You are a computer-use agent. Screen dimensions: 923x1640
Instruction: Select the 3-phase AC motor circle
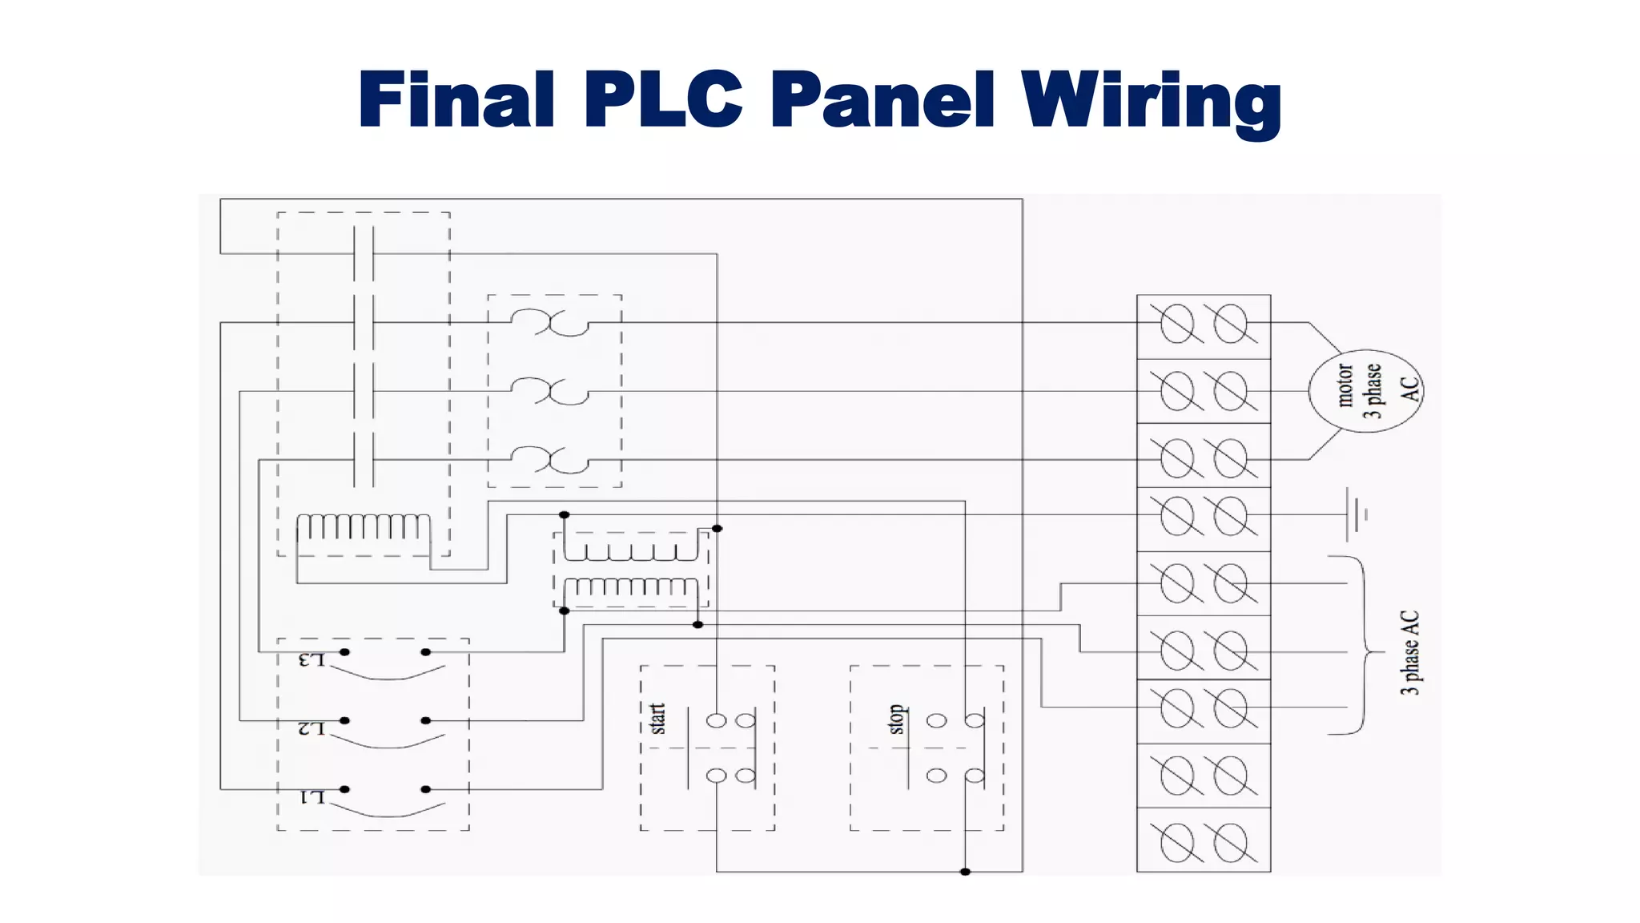(x=1365, y=391)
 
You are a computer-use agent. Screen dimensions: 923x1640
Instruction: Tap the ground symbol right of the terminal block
(x=1355, y=514)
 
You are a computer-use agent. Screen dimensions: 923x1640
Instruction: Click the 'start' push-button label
(x=657, y=719)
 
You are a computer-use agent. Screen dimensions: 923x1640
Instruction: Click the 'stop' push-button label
(x=897, y=719)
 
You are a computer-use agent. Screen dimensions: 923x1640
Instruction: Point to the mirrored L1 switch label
(x=312, y=797)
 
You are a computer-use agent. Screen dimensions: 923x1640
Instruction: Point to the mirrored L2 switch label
(x=312, y=728)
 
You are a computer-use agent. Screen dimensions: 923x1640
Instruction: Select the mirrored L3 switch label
(x=312, y=660)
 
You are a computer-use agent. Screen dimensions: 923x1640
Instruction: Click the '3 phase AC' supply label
(x=1410, y=652)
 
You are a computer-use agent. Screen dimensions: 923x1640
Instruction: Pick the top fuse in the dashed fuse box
(x=550, y=323)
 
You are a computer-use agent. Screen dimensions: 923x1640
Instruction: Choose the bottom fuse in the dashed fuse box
(x=550, y=461)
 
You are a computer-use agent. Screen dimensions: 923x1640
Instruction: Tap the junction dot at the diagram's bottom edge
(x=965, y=872)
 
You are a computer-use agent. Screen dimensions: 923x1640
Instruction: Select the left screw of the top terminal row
(x=1177, y=324)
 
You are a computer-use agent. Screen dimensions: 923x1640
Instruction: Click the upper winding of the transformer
(x=631, y=550)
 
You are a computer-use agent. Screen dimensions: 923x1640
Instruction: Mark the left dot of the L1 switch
(x=344, y=789)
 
